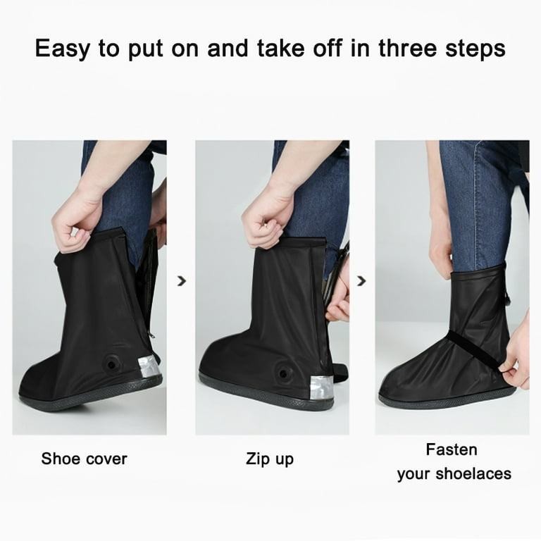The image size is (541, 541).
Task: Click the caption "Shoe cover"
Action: (85, 459)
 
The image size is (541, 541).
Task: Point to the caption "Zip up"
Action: (270, 459)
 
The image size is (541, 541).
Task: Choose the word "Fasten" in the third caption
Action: (452, 449)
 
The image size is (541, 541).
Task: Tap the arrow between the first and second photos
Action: (182, 281)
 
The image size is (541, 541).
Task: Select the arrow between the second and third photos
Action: (361, 281)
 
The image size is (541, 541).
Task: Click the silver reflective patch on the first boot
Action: (148, 366)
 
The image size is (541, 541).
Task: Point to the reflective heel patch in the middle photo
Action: (321, 386)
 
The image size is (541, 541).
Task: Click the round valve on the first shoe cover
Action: (111, 364)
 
